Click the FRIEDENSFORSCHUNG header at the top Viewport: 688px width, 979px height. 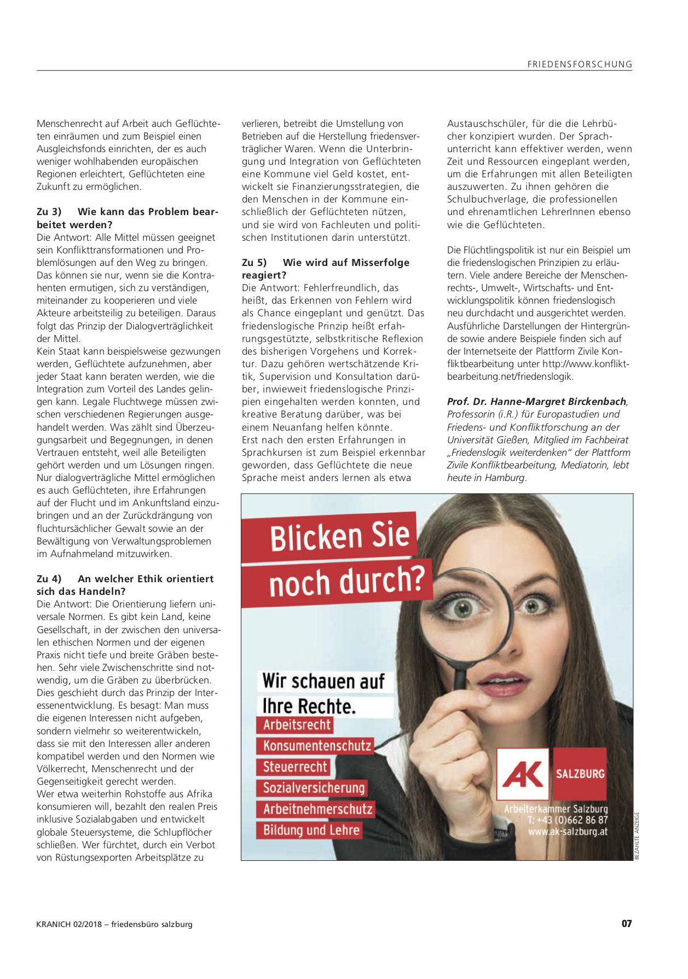pyautogui.click(x=580, y=64)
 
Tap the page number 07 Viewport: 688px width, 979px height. pyautogui.click(x=627, y=924)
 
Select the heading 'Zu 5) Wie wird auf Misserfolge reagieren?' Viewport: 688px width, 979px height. pyautogui.click(x=325, y=269)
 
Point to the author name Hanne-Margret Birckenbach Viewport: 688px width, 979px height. pyautogui.click(x=536, y=402)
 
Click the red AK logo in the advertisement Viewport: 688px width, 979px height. pyautogui.click(x=523, y=774)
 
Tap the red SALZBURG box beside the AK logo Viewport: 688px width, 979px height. pyautogui.click(x=580, y=774)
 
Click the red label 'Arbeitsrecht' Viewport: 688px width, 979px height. pyautogui.click(x=297, y=725)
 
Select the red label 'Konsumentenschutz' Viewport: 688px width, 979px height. pyautogui.click(x=317, y=746)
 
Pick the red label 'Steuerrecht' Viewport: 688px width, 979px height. pyautogui.click(x=295, y=767)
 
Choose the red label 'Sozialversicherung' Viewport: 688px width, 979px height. pyautogui.click(x=314, y=788)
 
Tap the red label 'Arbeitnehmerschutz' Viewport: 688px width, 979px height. pyautogui.click(x=317, y=809)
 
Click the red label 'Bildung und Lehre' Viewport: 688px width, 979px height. pyautogui.click(x=311, y=830)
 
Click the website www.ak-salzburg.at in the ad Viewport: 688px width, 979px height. pyautogui.click(x=568, y=832)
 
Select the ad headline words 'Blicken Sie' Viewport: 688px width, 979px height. pyautogui.click(x=339, y=537)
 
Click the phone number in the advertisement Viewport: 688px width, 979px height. pyautogui.click(x=568, y=820)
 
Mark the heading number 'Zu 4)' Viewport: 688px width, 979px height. pyautogui.click(x=49, y=579)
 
